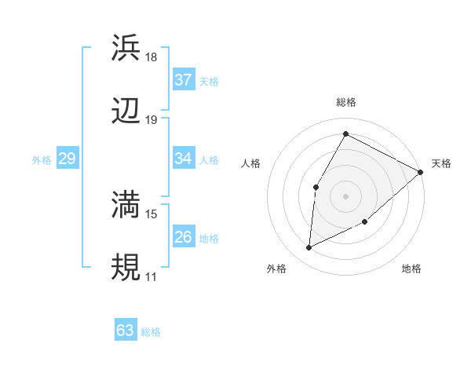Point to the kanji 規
click(x=126, y=267)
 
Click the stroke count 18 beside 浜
click(x=152, y=57)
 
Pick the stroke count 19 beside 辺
click(x=152, y=120)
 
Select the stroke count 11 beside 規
click(x=152, y=277)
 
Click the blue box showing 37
click(x=184, y=80)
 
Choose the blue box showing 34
click(x=184, y=159)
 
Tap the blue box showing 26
click(x=184, y=237)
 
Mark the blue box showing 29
click(x=67, y=159)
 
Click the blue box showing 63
click(x=126, y=331)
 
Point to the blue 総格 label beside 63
click(x=151, y=332)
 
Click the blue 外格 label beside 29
click(x=42, y=160)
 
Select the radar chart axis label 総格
click(x=345, y=102)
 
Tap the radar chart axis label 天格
click(x=441, y=163)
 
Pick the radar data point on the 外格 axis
click(x=309, y=248)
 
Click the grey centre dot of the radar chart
click(x=345, y=195)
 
